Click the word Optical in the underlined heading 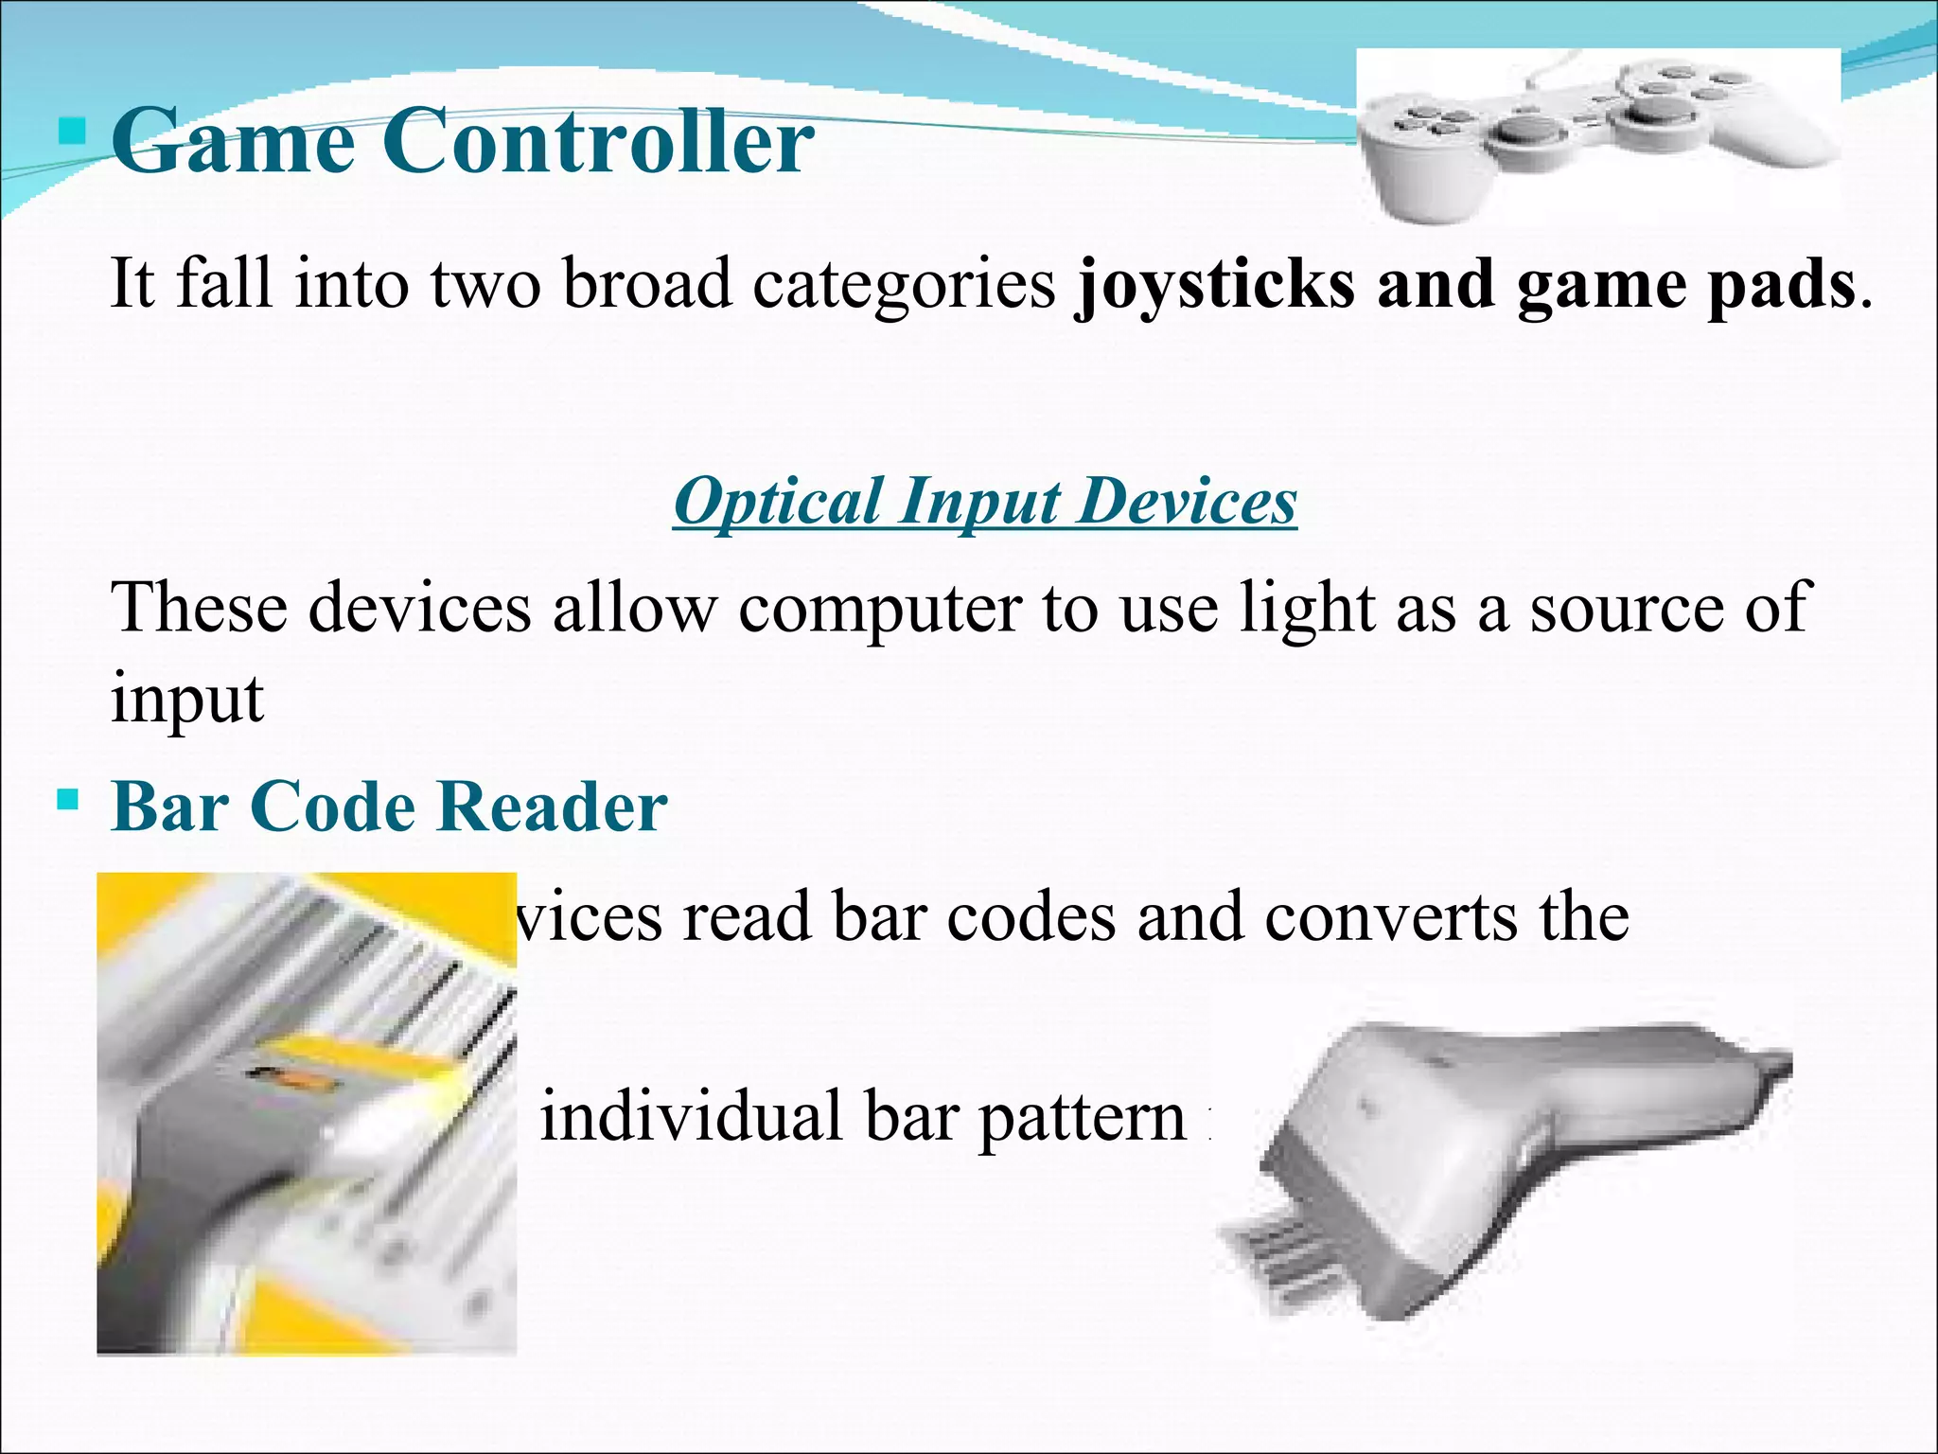coord(778,501)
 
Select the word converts coord(1390,918)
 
